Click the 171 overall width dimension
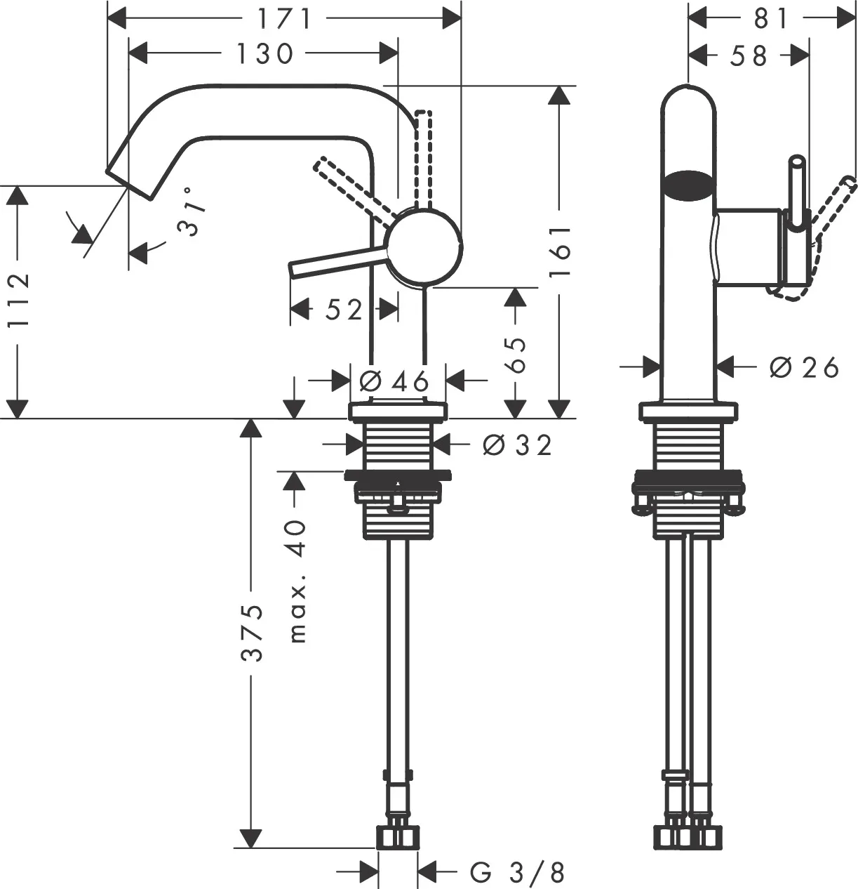point(283,19)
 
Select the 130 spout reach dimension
point(264,53)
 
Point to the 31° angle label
point(192,211)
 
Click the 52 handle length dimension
point(344,309)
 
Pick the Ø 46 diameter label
point(394,381)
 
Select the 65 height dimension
point(516,355)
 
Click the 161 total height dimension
point(559,251)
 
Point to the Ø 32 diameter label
point(517,444)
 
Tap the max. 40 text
point(297,581)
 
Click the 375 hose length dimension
point(252,632)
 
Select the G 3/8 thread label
point(517,872)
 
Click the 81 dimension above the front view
point(772,19)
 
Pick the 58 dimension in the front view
point(749,55)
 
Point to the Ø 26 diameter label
point(804,367)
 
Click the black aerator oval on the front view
point(689,184)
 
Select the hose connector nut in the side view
point(398,837)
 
